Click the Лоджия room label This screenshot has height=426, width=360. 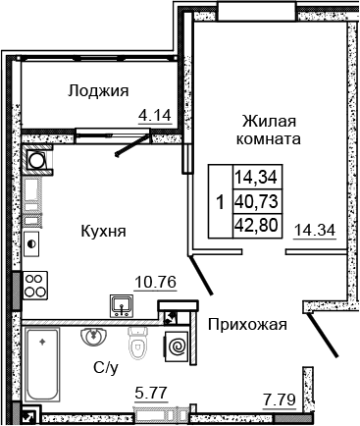99,91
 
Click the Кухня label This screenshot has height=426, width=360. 104,232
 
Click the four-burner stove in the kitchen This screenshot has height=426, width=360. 36,284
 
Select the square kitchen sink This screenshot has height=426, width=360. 123,306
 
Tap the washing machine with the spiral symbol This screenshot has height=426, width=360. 179,346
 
